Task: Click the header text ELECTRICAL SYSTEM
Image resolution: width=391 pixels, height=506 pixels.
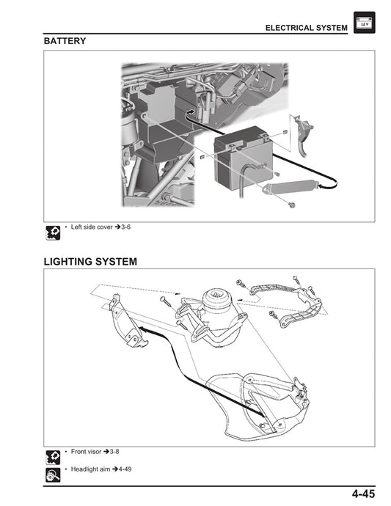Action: (306, 28)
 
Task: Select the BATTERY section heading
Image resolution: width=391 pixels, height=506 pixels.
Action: (65, 42)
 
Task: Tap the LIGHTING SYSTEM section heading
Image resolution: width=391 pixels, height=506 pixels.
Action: (90, 262)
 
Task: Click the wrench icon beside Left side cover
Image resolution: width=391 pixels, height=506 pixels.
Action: (52, 233)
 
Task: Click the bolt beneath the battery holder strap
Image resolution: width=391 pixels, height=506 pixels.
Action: (291, 204)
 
